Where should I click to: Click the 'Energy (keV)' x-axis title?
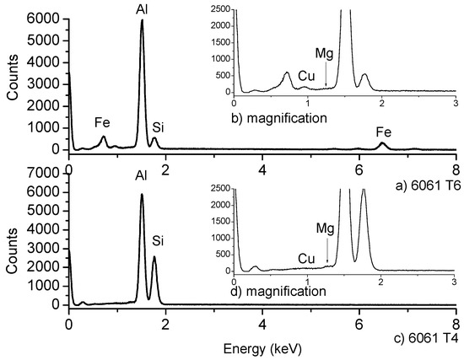tap(262, 347)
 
